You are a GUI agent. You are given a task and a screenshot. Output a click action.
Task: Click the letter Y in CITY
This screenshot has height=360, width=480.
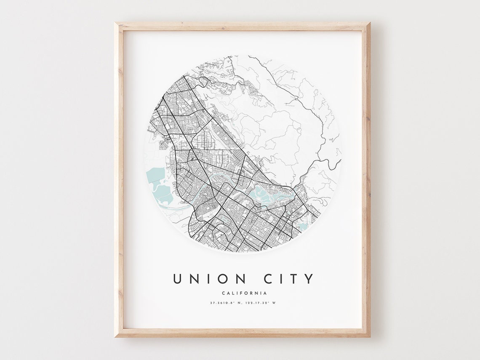(309, 279)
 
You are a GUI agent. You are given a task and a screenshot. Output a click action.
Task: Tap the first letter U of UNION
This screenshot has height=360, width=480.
(177, 279)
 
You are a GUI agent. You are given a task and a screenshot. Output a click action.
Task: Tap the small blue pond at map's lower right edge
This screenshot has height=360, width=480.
(302, 227)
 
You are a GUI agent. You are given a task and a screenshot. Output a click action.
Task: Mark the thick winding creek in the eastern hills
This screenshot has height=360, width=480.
(320, 156)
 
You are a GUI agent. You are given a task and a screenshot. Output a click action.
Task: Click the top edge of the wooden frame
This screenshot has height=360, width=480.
(242, 27)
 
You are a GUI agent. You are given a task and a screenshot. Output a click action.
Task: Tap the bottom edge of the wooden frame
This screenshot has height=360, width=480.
(242, 333)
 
